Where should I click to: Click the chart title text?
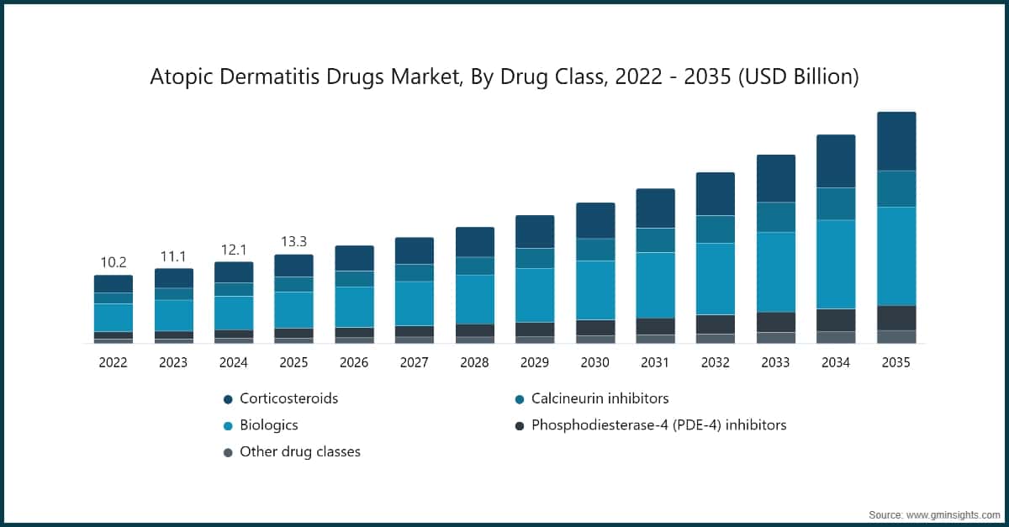click(x=504, y=77)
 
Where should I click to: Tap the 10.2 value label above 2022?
click(x=114, y=262)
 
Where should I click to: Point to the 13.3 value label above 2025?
click(x=293, y=242)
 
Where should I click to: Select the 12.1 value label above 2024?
click(x=234, y=250)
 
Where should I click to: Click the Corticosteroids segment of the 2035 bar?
click(x=896, y=141)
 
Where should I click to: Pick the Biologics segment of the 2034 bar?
click(x=836, y=264)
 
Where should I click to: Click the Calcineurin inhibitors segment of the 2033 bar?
click(x=776, y=217)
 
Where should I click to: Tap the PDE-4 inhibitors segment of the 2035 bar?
click(x=896, y=318)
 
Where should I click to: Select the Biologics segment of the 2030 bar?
click(x=595, y=290)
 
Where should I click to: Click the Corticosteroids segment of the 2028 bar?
click(x=475, y=242)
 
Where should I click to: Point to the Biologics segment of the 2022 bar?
click(x=114, y=318)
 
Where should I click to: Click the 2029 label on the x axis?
click(x=535, y=363)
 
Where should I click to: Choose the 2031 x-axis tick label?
click(x=655, y=363)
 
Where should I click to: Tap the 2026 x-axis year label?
click(x=354, y=363)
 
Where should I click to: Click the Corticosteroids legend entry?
click(x=288, y=398)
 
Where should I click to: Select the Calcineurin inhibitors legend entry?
click(x=600, y=398)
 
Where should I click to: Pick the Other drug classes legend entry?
click(x=299, y=451)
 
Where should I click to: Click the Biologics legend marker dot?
click(x=228, y=425)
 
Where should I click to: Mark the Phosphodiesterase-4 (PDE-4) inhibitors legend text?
click(x=658, y=425)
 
